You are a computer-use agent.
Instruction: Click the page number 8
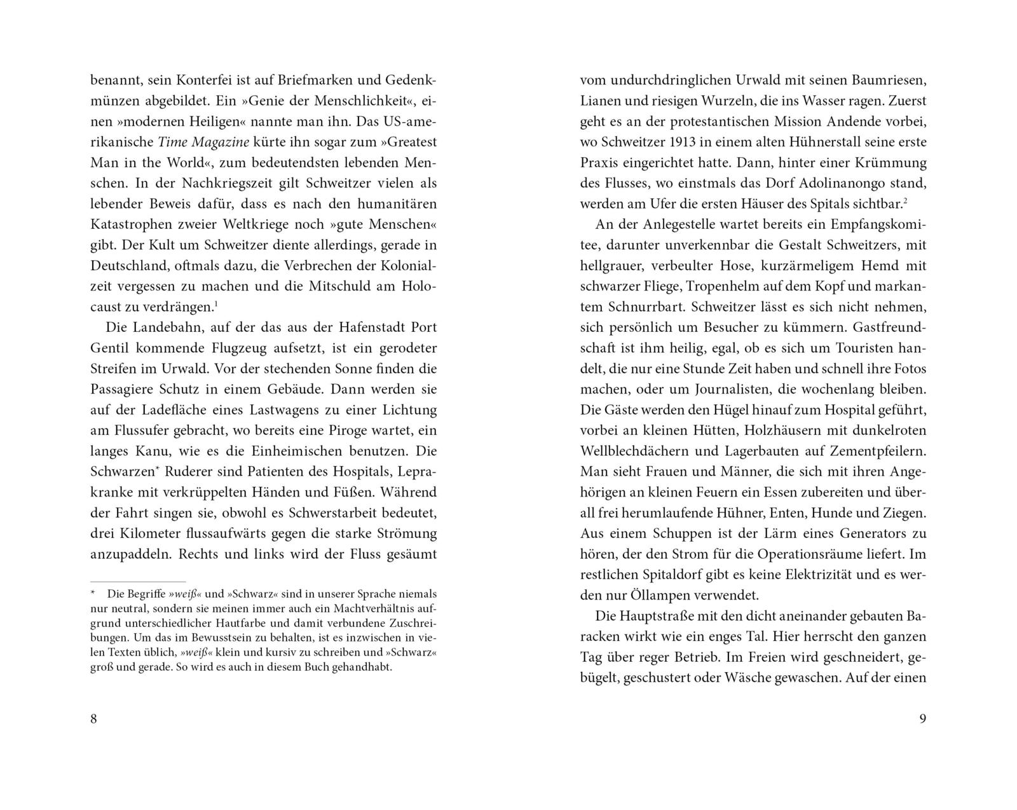tap(94, 719)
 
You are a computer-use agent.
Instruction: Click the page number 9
tap(923, 719)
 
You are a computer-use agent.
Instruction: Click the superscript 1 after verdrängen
tap(216, 304)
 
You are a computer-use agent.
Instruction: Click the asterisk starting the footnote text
tap(93, 593)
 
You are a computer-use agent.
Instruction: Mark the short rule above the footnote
tap(138, 581)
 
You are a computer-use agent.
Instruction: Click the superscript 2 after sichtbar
tap(905, 201)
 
